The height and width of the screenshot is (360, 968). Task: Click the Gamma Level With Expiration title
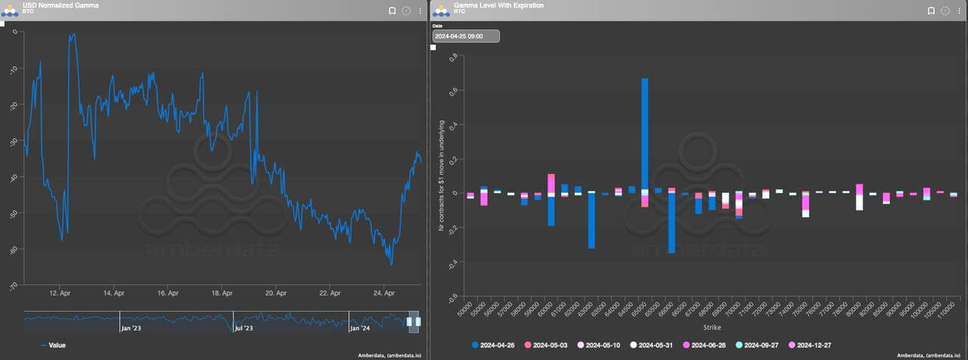point(498,5)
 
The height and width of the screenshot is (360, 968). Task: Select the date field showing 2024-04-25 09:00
point(466,36)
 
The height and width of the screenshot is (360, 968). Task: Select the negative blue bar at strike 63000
point(591,220)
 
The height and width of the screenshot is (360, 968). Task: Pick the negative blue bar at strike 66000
point(672,223)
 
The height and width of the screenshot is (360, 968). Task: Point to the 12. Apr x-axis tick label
point(60,293)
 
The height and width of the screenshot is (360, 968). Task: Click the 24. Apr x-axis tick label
point(385,293)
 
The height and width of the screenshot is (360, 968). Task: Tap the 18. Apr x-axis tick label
point(222,293)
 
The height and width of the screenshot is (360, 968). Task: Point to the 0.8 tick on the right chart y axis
point(453,57)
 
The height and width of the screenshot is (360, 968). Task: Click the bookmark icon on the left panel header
point(392,11)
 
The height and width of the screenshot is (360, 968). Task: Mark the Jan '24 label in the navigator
point(360,328)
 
